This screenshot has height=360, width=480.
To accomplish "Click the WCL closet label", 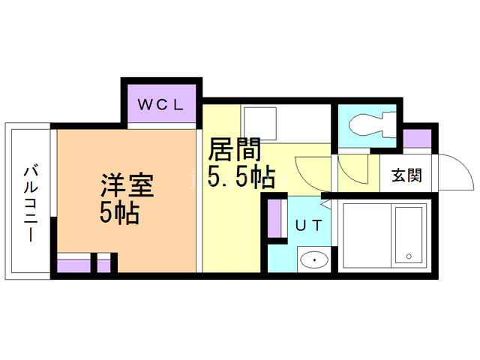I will (x=160, y=105).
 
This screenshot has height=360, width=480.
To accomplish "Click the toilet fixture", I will (x=371, y=121).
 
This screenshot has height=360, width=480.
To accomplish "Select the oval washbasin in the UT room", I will (x=313, y=260).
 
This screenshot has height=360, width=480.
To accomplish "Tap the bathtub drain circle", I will (x=409, y=257).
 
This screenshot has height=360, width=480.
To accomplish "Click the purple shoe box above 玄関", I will (x=417, y=139).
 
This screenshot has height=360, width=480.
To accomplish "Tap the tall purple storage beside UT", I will (x=275, y=219).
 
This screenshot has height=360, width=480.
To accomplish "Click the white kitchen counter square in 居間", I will (x=259, y=121).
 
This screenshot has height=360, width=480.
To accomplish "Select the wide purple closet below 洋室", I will (x=73, y=265).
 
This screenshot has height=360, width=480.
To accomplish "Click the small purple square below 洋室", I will (x=104, y=265).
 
